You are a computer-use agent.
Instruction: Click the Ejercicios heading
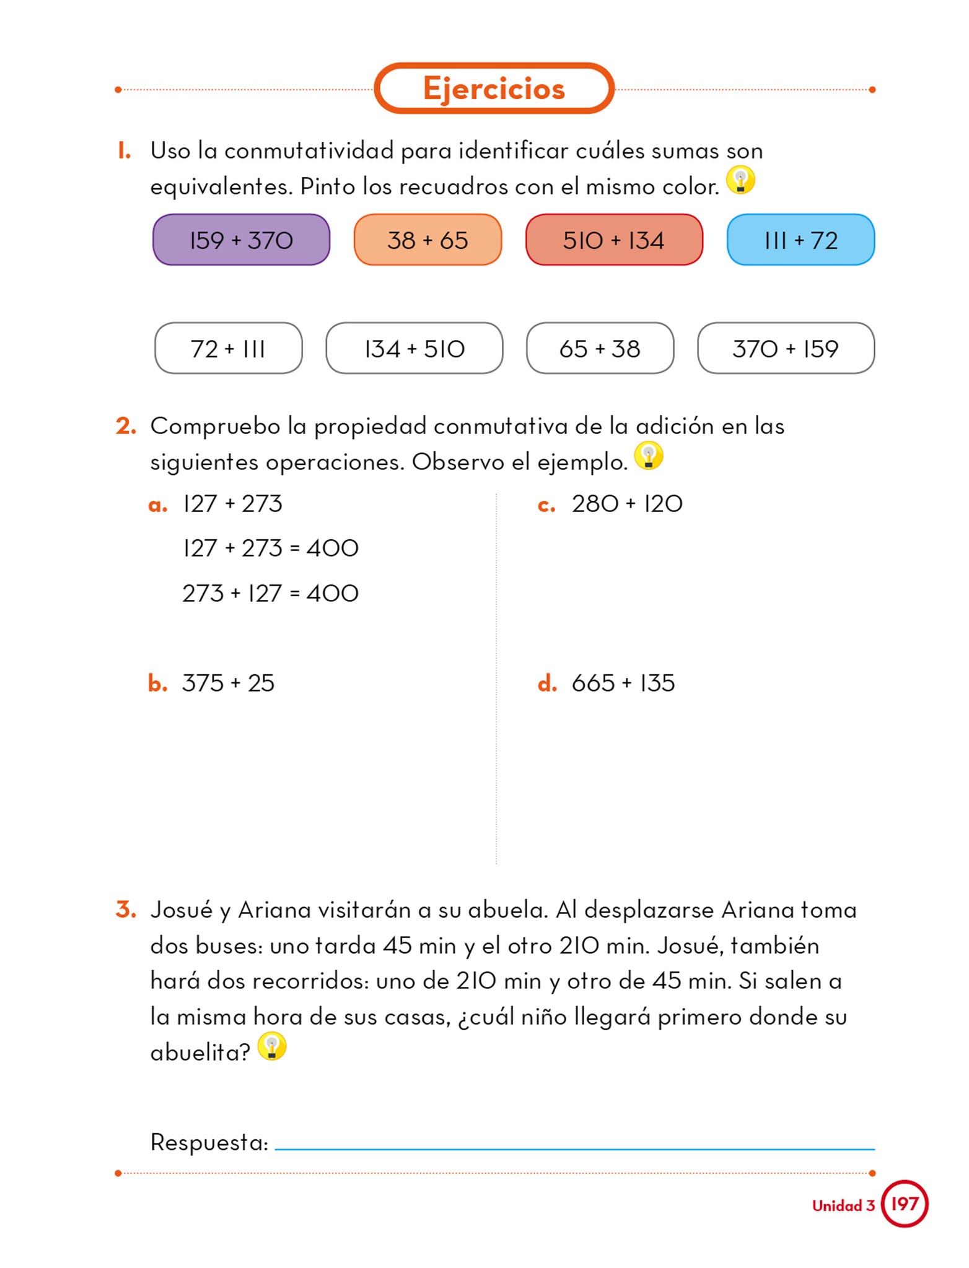(494, 89)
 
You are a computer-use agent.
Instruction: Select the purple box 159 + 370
(241, 240)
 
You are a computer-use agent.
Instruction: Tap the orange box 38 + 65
(427, 240)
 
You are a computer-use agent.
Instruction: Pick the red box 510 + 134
(614, 240)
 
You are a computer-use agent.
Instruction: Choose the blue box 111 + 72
(800, 240)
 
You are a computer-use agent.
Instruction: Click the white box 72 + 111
(228, 349)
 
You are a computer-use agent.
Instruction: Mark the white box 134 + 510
(414, 349)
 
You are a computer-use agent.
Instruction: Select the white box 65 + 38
(600, 349)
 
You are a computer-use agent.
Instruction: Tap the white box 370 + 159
(786, 349)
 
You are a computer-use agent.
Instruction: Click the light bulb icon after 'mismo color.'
(740, 181)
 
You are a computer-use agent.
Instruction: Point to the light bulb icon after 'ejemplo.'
(649, 456)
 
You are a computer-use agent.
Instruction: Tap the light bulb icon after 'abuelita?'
(271, 1046)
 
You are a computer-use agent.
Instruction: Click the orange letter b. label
(157, 684)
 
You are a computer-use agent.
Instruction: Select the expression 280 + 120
(627, 504)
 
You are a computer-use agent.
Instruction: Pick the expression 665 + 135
(623, 684)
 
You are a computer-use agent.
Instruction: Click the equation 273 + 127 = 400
(270, 593)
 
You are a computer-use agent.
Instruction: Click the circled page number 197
(904, 1204)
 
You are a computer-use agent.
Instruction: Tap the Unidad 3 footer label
(843, 1205)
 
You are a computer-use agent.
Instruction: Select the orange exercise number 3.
(126, 910)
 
